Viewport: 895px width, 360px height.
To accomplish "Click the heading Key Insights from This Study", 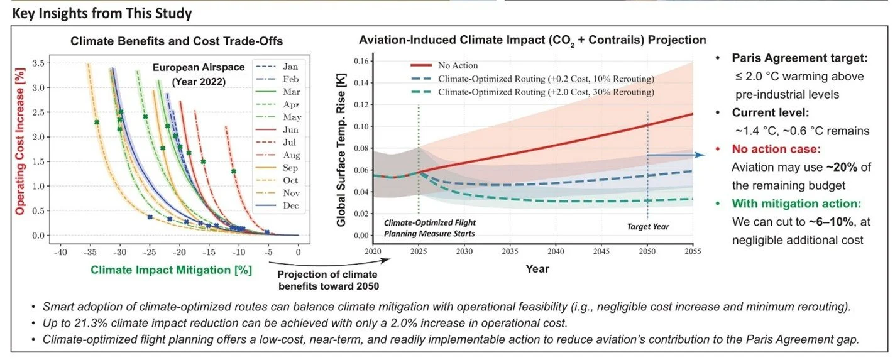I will tap(102, 13).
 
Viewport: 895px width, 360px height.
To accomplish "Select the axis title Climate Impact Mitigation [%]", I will tap(171, 270).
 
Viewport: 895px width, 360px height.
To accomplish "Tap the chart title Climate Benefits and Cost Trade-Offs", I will tap(177, 41).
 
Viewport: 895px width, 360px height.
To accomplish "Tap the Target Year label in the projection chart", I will tap(648, 226).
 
